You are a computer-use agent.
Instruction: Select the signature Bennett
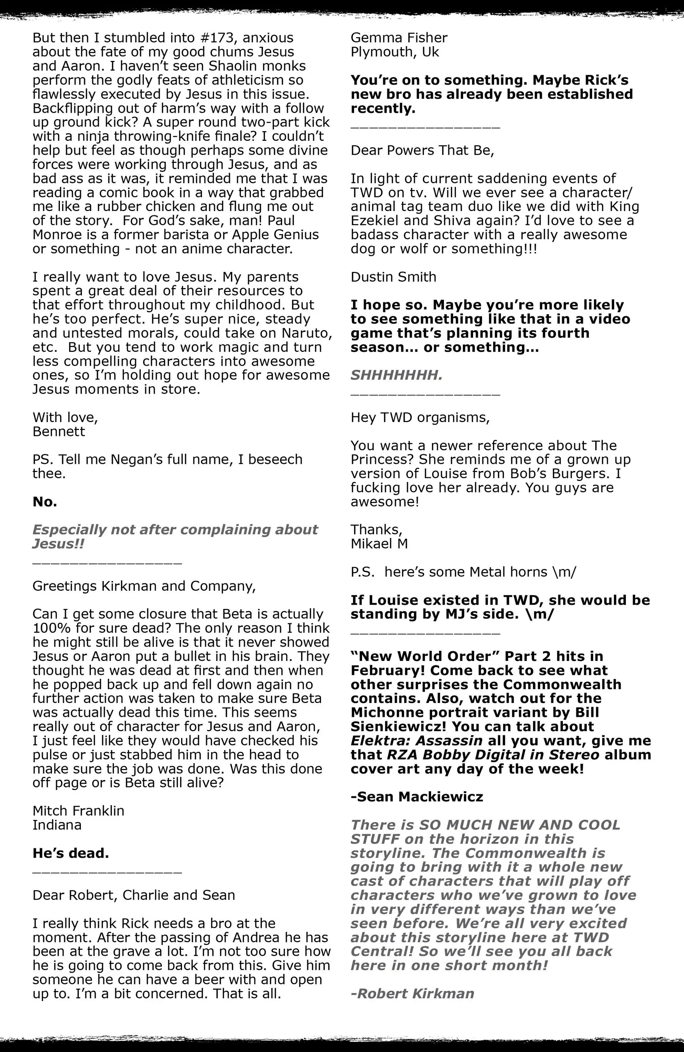58,432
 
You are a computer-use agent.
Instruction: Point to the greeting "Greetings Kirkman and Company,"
144,586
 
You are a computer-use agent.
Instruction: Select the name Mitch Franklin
78,811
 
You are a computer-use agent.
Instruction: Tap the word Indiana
57,825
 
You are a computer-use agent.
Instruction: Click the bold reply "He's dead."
71,853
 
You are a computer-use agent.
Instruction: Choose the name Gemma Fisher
399,38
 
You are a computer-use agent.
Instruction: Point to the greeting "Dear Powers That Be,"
422,151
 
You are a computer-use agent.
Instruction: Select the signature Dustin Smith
393,277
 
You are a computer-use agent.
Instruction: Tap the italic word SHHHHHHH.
397,376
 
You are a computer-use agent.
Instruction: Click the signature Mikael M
379,544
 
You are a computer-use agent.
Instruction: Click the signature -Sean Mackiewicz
417,797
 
